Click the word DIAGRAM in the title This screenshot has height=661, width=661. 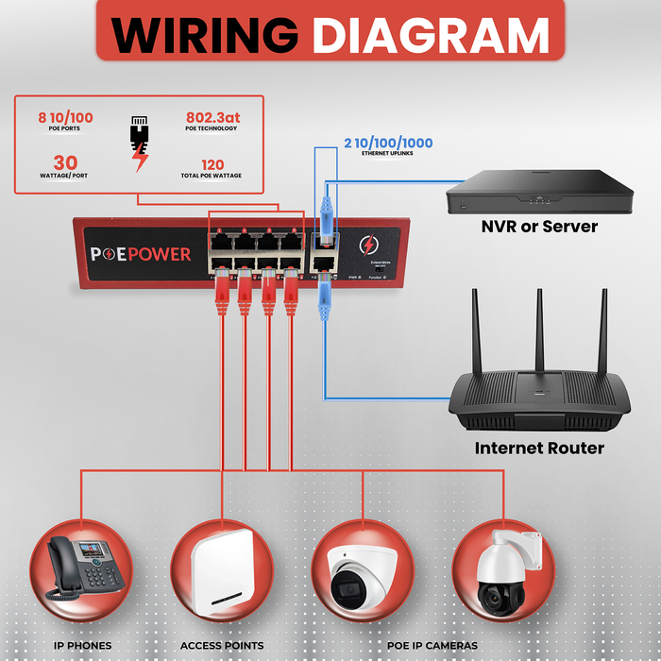(431, 36)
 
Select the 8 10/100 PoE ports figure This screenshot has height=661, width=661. (65, 118)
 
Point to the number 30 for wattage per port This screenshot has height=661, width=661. (65, 162)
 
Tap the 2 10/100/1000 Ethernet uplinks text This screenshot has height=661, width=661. (388, 144)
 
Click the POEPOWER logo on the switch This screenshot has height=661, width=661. (141, 254)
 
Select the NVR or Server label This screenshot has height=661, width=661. (539, 227)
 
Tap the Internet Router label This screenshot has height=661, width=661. (539, 448)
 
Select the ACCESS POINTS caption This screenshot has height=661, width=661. (223, 646)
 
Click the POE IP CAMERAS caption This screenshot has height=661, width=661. (432, 646)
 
